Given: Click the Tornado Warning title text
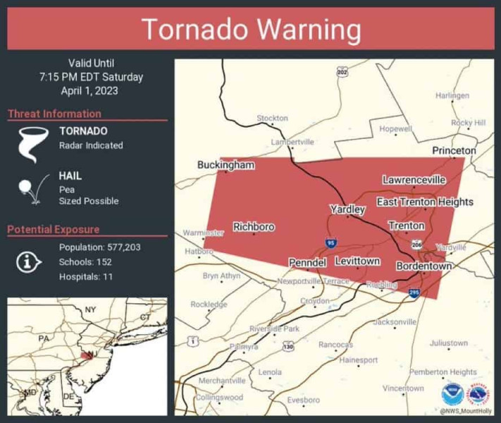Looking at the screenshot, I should tap(251, 30).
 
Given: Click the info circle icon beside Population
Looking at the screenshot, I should tap(27, 262).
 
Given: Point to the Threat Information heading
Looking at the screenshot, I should tap(54, 114).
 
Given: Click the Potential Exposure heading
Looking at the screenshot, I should tap(54, 229).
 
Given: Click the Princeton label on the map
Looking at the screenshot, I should tap(454, 151).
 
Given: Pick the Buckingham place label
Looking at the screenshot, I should tap(225, 165).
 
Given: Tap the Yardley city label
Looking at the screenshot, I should tap(347, 209).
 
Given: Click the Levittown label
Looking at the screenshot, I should tap(357, 261).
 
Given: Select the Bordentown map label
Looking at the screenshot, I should tap(423, 266).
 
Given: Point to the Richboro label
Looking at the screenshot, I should tap(254, 227).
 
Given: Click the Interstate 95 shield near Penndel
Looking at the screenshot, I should tap(330, 243).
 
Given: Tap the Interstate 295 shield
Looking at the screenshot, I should tap(414, 292).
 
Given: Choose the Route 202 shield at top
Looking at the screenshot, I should tap(342, 72).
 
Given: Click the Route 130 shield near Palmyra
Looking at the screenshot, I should tap(287, 346).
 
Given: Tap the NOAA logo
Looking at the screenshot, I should tap(452, 395).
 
